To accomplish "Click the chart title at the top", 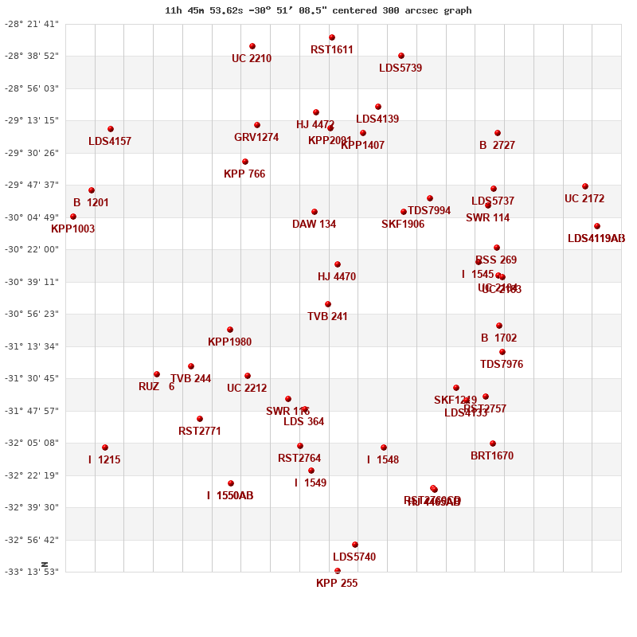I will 318,10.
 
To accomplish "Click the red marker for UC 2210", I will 252,46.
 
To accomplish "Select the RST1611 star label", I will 332,50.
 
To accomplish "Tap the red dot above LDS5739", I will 401,56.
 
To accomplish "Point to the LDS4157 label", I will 110,142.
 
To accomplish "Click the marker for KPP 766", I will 245,162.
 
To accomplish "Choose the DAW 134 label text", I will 314,225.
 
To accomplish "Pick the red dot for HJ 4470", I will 338,264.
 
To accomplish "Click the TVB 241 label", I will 327,317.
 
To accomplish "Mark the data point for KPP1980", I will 230,330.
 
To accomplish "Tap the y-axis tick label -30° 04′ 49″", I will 32,217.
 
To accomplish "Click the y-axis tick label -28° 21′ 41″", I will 32,24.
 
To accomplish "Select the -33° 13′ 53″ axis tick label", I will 32,572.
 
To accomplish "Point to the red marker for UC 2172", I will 585,186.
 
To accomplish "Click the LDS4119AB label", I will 596,239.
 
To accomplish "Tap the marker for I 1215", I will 105,447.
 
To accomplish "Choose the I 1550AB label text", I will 230,496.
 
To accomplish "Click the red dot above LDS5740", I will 355,545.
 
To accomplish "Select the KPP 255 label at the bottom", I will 337,584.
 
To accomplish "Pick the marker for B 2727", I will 498,133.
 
